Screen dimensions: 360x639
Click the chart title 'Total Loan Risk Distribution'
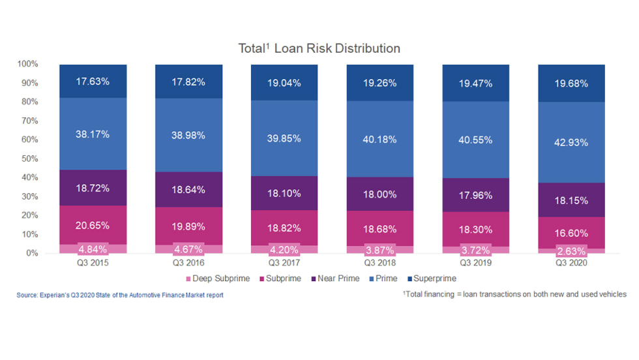click(x=319, y=48)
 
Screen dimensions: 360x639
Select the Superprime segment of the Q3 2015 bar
click(x=93, y=82)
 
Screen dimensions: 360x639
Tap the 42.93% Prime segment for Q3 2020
click(x=571, y=143)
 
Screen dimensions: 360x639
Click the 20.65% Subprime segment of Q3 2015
click(x=93, y=225)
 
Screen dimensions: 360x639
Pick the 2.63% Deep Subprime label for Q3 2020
click(x=571, y=250)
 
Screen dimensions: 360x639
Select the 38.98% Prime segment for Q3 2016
click(x=188, y=135)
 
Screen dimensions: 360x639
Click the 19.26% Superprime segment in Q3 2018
click(x=380, y=83)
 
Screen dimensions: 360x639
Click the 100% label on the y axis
click(x=28, y=64)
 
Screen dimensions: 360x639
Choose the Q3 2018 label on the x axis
click(x=380, y=263)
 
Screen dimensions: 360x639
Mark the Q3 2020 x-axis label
click(x=571, y=263)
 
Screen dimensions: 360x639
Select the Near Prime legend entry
click(x=340, y=278)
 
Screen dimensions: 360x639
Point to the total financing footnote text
click(x=516, y=294)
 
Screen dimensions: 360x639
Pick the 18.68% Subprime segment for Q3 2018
click(x=380, y=228)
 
